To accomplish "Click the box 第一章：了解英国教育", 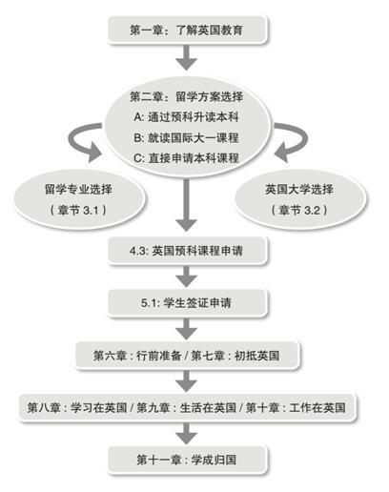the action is (187, 30).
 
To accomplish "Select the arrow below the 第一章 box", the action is (187, 57).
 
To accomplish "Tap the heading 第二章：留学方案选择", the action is (187, 96).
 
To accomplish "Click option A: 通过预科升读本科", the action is (187, 117).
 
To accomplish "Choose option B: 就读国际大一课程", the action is (187, 137).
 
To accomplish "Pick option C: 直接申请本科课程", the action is (187, 158).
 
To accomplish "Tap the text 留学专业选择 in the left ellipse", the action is (78, 190).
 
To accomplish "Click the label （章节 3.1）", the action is (78, 210).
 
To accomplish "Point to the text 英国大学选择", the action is (299, 190).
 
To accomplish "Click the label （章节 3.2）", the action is (299, 210).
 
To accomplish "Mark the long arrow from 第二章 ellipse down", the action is (187, 205).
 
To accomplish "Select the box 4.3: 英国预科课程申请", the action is (187, 251).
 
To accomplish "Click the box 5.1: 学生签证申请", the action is (187, 303).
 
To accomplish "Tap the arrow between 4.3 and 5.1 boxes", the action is (187, 277).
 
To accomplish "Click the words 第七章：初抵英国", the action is (235, 356).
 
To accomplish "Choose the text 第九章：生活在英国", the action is (187, 407).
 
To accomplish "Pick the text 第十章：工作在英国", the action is (296, 407).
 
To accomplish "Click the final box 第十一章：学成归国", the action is (187, 460).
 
